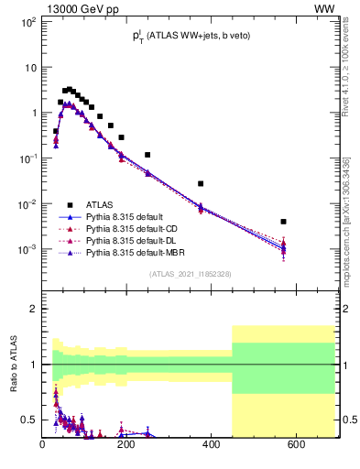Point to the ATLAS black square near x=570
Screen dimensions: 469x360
click(x=284, y=222)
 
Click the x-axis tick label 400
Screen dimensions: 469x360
click(x=212, y=445)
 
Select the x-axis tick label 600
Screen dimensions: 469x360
click(x=296, y=445)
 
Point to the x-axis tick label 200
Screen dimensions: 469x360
click(x=127, y=445)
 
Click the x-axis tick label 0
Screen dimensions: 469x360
click(x=43, y=445)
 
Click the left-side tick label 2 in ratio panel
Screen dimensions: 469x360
click(x=34, y=309)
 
